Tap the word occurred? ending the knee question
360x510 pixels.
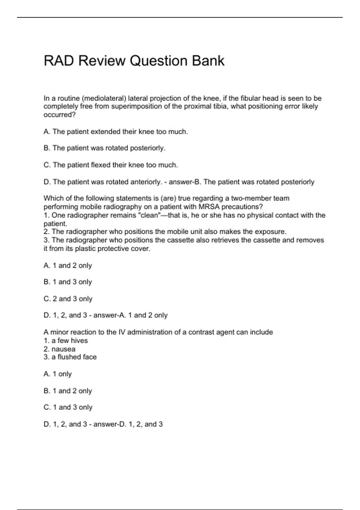pos(59,115)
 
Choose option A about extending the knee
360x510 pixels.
pos(115,132)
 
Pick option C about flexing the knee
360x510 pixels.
pos(111,165)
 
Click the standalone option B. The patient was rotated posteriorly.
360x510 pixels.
pos(104,148)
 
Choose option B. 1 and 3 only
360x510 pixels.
pos(68,282)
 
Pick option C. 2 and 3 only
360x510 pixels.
pos(68,299)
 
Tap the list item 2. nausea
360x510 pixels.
pos(59,349)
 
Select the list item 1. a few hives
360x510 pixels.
pos(66,341)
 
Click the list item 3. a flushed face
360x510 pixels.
pos(70,357)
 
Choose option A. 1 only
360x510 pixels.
pos(58,374)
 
